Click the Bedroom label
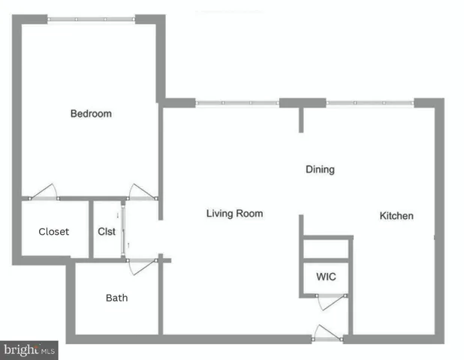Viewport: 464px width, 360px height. click(x=91, y=114)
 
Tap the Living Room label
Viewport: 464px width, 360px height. click(x=234, y=214)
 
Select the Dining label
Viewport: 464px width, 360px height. click(x=320, y=169)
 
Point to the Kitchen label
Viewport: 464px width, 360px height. click(x=396, y=216)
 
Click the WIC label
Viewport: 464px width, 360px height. click(x=326, y=277)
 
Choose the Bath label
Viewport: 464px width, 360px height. click(x=116, y=298)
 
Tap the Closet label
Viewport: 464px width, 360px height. click(x=53, y=232)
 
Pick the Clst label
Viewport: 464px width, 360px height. click(x=107, y=232)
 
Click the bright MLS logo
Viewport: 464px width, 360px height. click(x=29, y=350)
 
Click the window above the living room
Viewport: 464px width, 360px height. click(x=237, y=103)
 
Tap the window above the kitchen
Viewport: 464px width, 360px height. click(x=369, y=103)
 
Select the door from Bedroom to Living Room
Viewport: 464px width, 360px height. click(x=141, y=192)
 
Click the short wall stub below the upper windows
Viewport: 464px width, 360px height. click(x=302, y=119)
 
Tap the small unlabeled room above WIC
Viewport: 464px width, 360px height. click(x=326, y=248)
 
